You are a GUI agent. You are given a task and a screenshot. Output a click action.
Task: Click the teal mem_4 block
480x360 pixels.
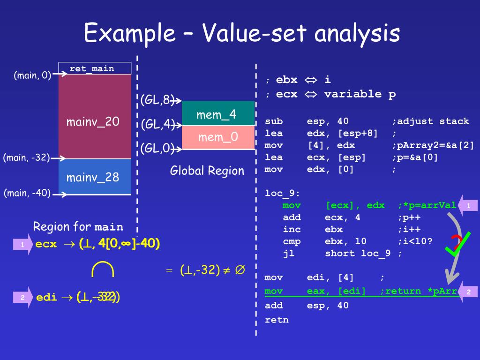218,114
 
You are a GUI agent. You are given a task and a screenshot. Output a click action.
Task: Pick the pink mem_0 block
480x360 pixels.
218,137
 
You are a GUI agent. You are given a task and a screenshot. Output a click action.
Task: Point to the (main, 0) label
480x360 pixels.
32,75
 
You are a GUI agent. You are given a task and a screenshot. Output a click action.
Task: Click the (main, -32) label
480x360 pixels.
26,157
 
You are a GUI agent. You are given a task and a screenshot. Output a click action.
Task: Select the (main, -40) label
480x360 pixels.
27,193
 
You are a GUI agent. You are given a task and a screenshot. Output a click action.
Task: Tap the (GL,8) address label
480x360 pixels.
156,100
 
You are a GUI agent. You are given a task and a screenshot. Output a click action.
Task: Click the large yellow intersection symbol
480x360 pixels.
103,270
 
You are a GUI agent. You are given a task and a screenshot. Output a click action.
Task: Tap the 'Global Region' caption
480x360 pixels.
207,171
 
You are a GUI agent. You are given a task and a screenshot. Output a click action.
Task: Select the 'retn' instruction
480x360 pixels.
277,320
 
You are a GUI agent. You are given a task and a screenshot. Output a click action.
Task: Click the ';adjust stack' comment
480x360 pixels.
430,121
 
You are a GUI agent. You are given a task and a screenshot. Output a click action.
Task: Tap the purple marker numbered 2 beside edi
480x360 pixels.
22,297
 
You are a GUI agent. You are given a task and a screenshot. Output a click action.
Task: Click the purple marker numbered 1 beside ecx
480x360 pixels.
22,244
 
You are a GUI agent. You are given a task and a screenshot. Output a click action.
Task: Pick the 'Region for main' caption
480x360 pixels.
78,227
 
